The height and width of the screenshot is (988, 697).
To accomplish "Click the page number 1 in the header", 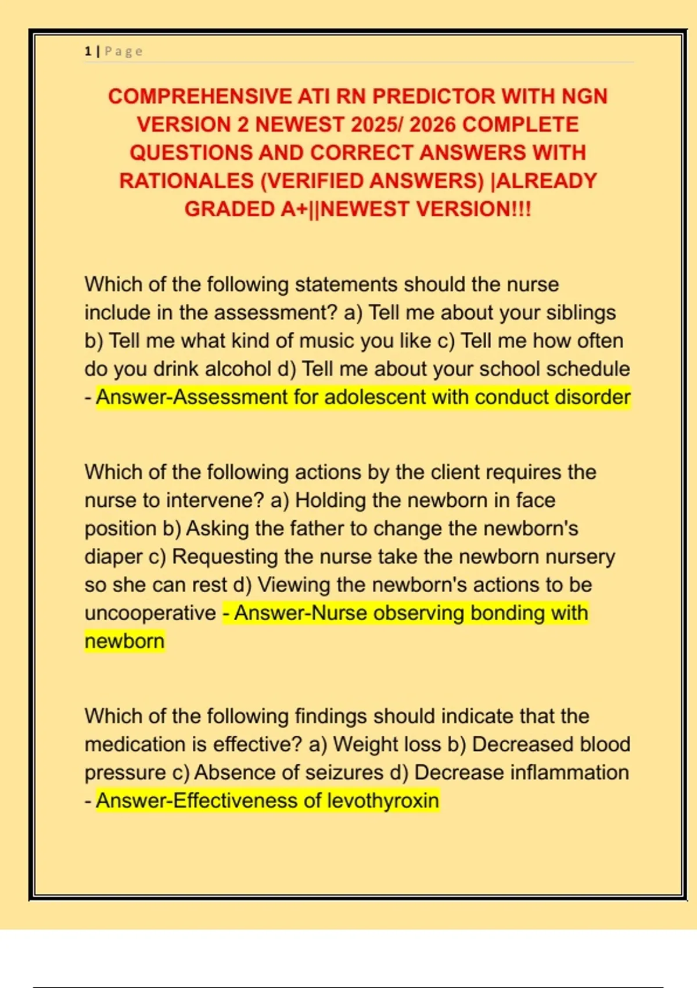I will pyautogui.click(x=88, y=52).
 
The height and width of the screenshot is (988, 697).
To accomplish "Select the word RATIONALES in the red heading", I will pyautogui.click(x=186, y=181).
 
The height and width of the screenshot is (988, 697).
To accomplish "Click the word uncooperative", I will pyautogui.click(x=150, y=613).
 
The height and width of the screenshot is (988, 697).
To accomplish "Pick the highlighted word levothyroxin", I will pyautogui.click(x=383, y=801).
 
